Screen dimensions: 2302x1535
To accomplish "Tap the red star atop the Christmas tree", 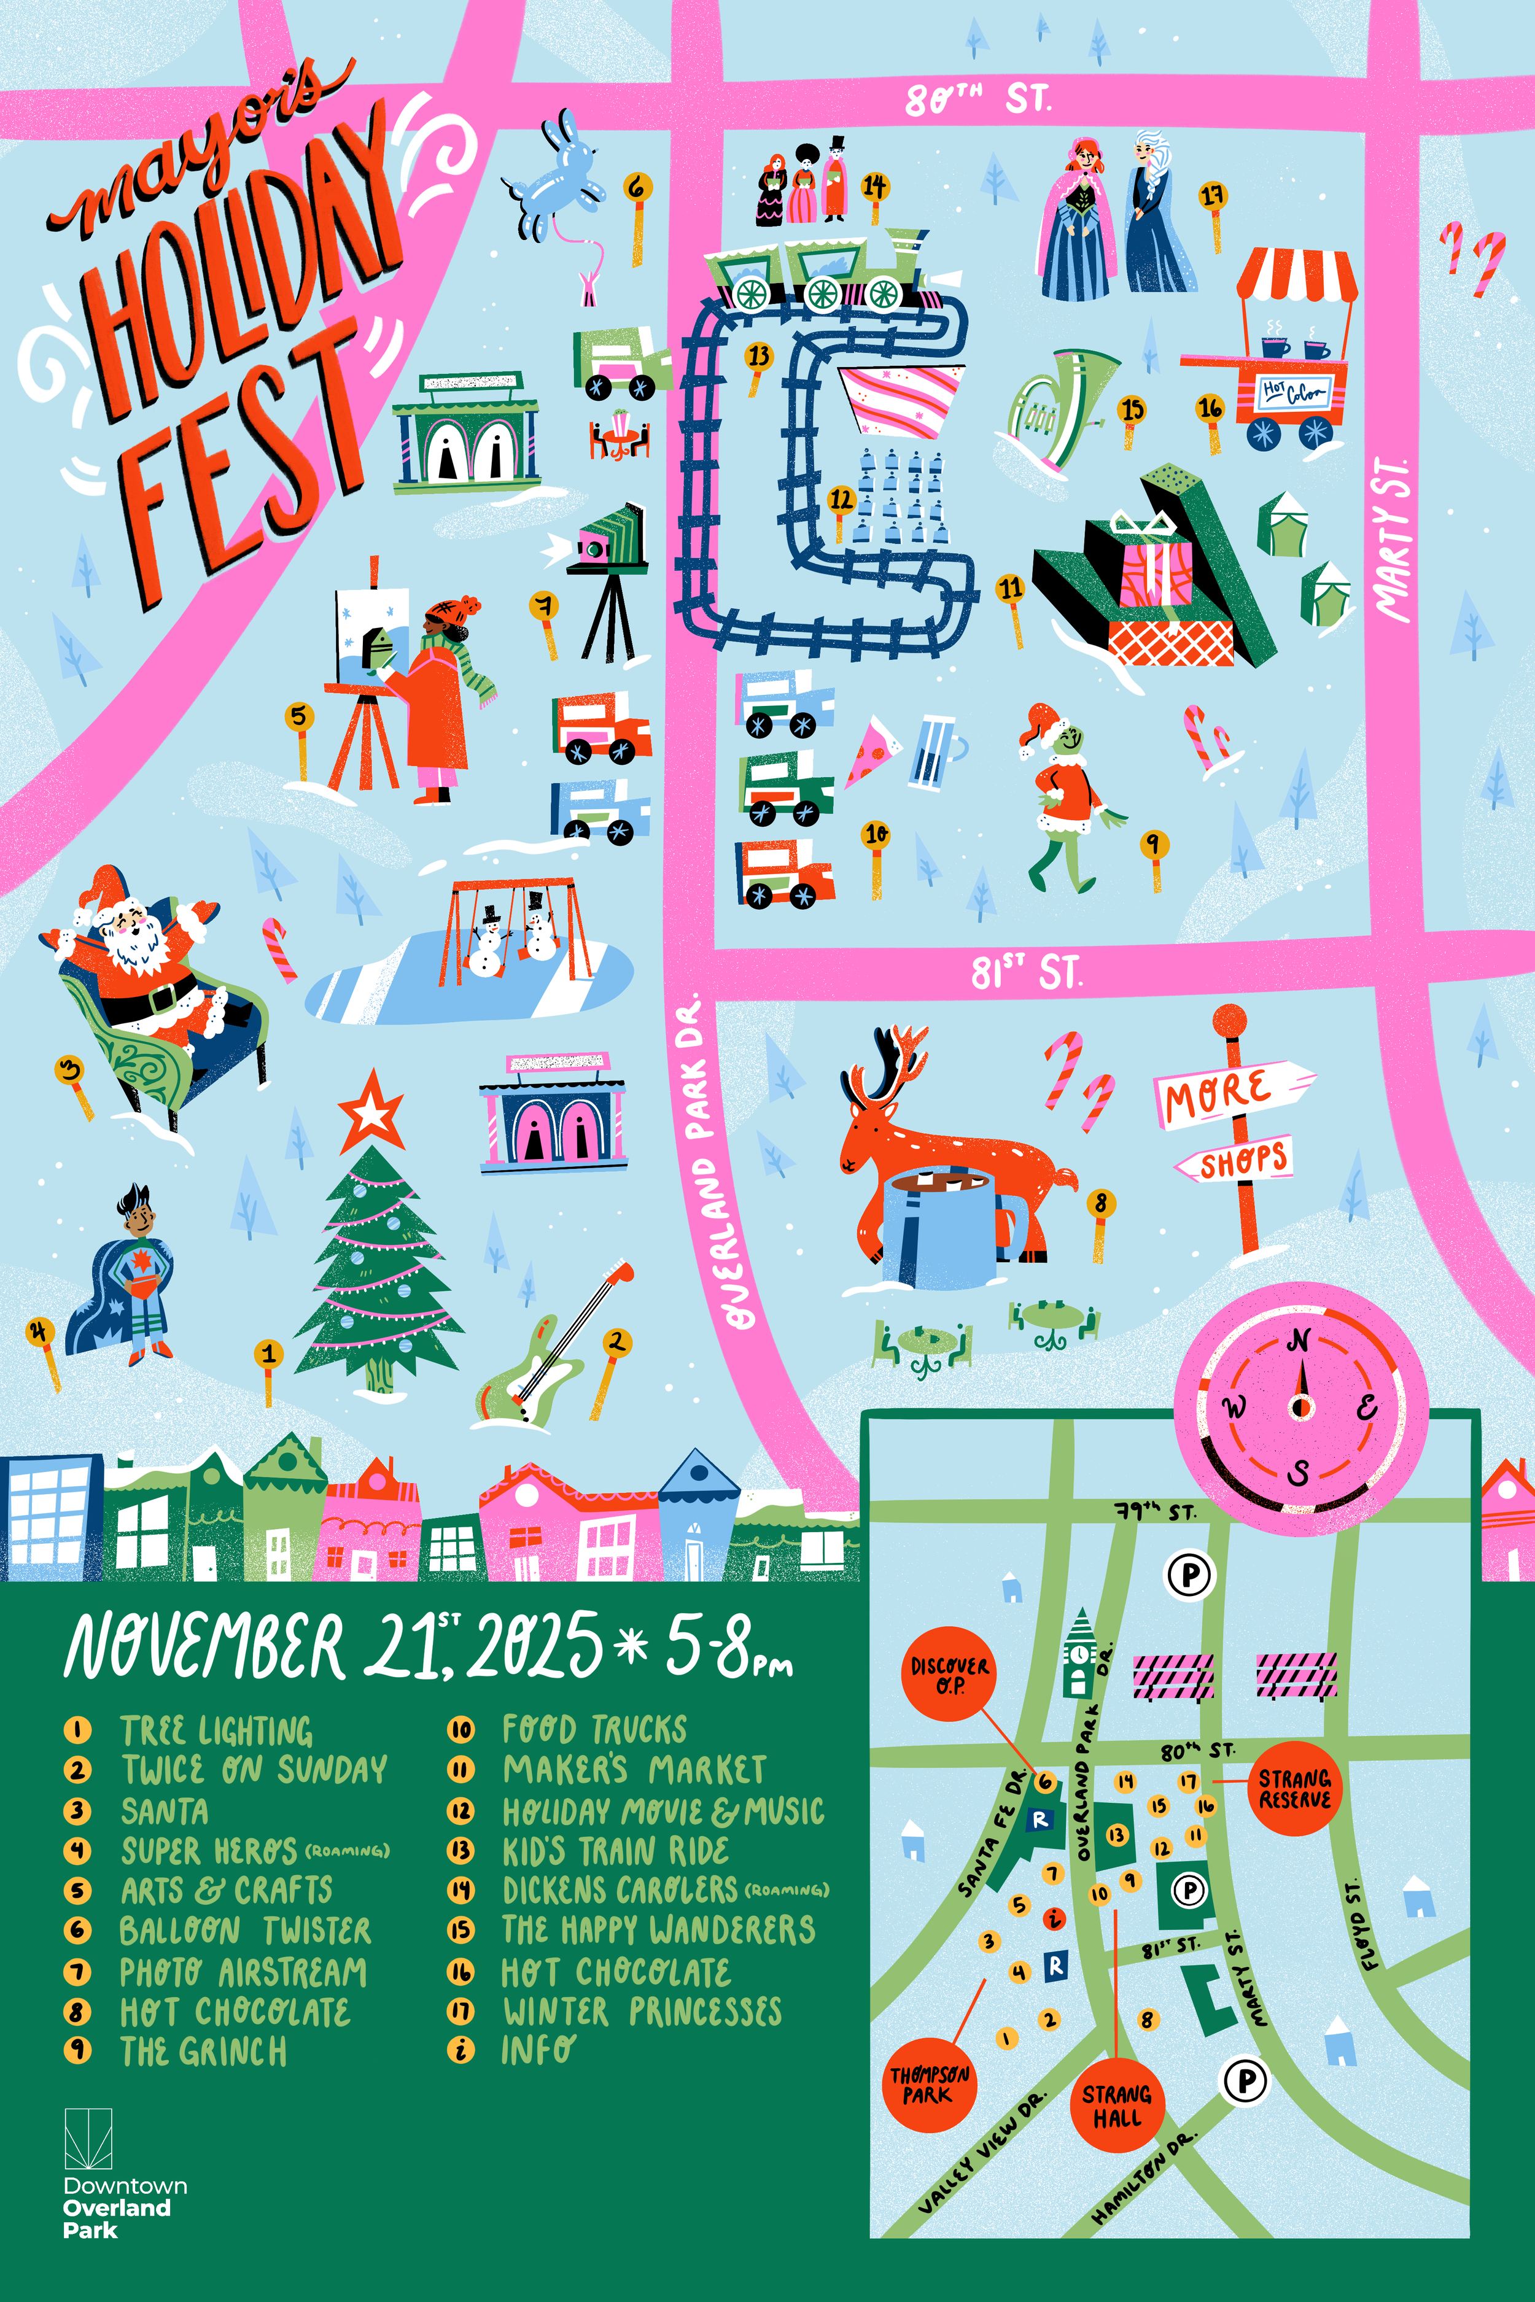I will point(371,1112).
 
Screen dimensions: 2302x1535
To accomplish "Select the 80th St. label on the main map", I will point(977,99).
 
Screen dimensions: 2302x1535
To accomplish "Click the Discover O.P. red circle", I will point(950,1675).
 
